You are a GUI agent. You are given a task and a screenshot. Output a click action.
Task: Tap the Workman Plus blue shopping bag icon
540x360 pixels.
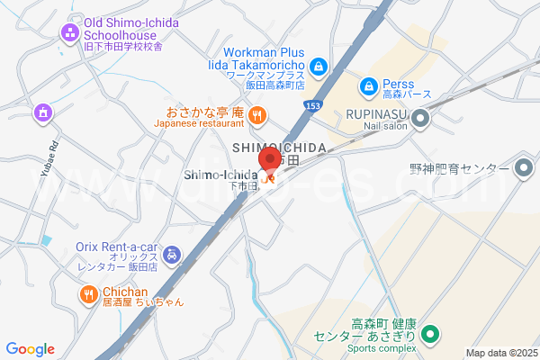(319, 66)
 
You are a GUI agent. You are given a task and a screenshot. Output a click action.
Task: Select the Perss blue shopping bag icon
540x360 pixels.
(368, 86)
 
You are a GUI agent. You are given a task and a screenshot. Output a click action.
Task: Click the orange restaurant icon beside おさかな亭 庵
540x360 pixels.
(257, 113)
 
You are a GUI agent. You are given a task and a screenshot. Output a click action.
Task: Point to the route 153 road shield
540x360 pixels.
(311, 106)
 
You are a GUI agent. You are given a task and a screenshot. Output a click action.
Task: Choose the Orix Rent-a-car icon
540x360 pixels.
(174, 256)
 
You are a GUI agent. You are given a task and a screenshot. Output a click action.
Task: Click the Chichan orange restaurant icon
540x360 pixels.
(88, 292)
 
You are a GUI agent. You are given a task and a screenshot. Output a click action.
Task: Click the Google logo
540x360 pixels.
(30, 349)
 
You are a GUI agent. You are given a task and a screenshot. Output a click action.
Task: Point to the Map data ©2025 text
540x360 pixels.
(500, 353)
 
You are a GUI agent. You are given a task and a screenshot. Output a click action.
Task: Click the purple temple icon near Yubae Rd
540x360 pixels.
(41, 112)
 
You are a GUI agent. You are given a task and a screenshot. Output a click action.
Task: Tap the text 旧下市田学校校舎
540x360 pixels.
(121, 47)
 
